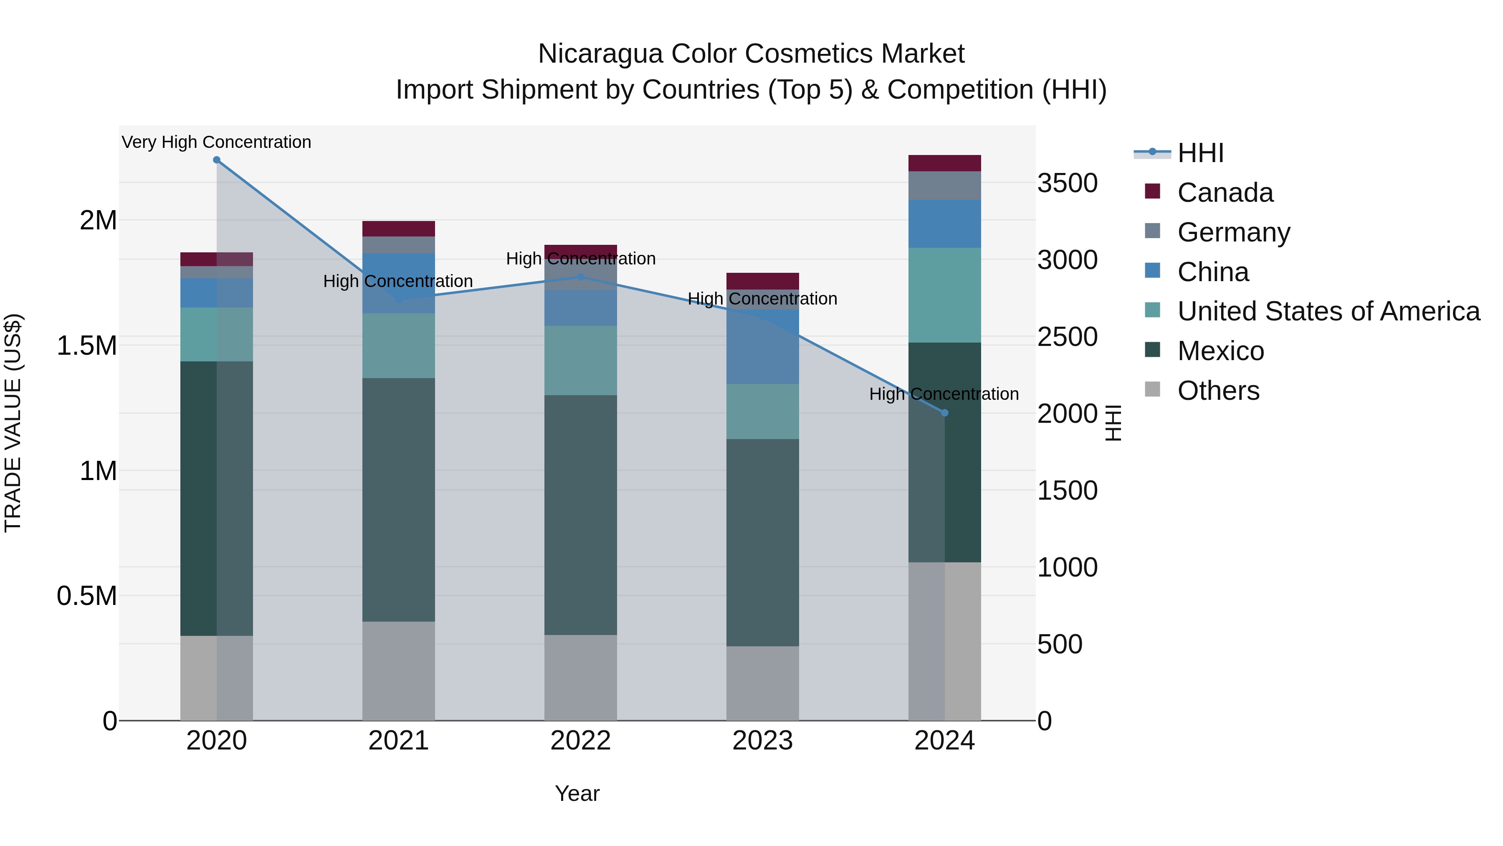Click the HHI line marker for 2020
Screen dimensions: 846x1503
tap(216, 160)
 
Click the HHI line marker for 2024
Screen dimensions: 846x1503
tap(945, 413)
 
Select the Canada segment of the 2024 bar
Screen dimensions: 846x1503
tap(945, 163)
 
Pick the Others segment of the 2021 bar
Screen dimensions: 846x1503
tap(399, 671)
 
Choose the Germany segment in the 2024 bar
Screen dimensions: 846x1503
tap(945, 185)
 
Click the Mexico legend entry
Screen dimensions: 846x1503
tap(1221, 351)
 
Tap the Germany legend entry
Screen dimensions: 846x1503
tap(1233, 232)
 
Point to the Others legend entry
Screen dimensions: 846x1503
tap(1218, 391)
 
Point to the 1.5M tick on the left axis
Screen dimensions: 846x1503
tap(87, 346)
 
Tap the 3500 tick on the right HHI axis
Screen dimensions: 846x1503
tap(1067, 183)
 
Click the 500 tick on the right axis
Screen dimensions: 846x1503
tap(1060, 645)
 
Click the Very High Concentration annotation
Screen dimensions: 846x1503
tap(216, 142)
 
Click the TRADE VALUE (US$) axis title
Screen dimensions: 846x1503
tap(13, 423)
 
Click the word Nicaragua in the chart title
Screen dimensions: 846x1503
tap(600, 54)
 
